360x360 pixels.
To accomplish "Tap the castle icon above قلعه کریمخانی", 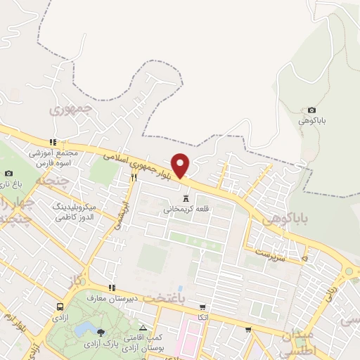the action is point(186,198).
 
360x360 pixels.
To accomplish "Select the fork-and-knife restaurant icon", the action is point(133,178).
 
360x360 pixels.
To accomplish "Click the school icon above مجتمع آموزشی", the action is point(52,141).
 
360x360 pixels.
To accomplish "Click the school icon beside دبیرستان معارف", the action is point(111,288).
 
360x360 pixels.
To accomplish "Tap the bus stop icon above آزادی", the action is point(60,307).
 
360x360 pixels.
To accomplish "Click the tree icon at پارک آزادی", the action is point(101,332).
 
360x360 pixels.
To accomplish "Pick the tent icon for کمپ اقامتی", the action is point(143,328).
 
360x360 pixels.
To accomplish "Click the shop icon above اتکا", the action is point(202,307).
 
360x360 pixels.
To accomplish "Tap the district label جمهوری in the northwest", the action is point(71,110).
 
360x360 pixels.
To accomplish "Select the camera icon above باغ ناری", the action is point(8,173).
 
